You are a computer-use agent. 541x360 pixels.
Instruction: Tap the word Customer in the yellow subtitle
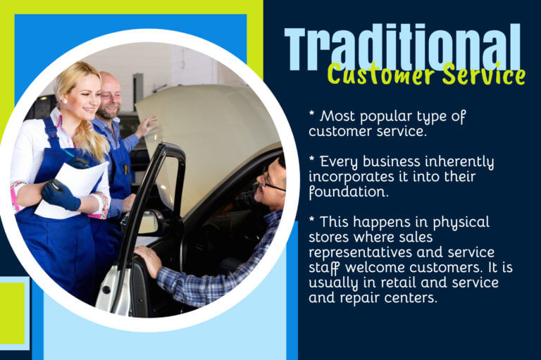click(371, 73)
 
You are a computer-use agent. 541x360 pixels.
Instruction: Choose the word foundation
click(339, 191)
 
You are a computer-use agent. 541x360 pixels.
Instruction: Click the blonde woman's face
click(84, 89)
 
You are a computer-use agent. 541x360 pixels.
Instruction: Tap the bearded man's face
click(110, 95)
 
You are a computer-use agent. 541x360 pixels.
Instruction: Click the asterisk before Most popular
click(311, 113)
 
